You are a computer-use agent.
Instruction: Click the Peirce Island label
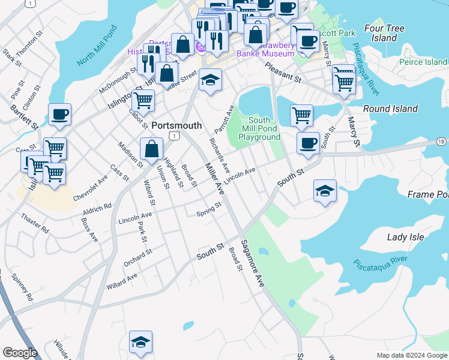tap(423, 62)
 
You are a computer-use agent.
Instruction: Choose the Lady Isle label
tap(405, 237)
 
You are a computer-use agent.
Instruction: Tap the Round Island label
tap(390, 109)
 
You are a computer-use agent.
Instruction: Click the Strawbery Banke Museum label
tap(271, 49)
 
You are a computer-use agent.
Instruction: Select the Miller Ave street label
tap(214, 179)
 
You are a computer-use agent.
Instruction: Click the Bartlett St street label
tap(24, 118)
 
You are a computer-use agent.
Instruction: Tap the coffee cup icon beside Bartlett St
tap(59, 113)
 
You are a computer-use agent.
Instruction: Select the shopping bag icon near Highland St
tap(152, 148)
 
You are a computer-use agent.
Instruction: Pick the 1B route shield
tap(442, 142)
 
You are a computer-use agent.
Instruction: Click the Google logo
tap(20, 353)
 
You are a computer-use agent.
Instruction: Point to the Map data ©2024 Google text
tap(412, 355)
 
